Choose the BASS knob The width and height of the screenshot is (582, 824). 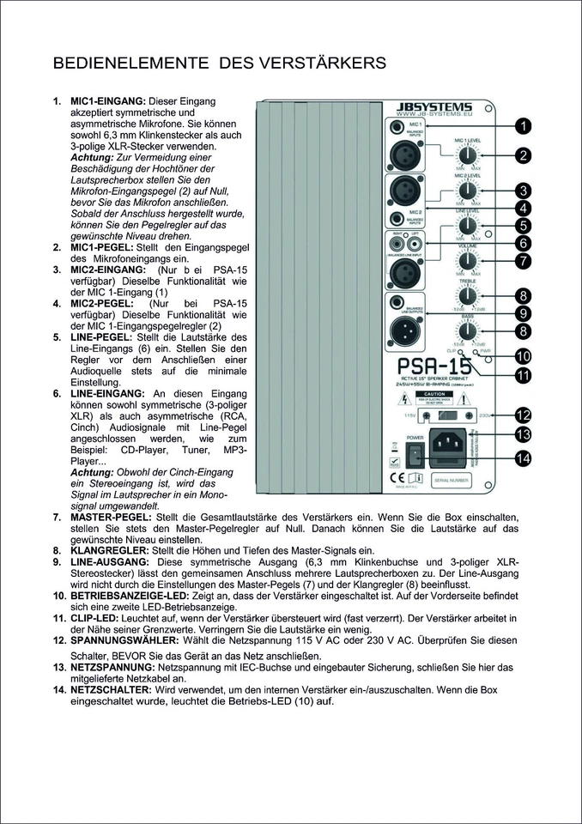467,333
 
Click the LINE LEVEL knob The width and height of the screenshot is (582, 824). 467,226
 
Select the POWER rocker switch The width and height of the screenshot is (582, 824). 415,455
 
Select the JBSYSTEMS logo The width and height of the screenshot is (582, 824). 435,106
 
